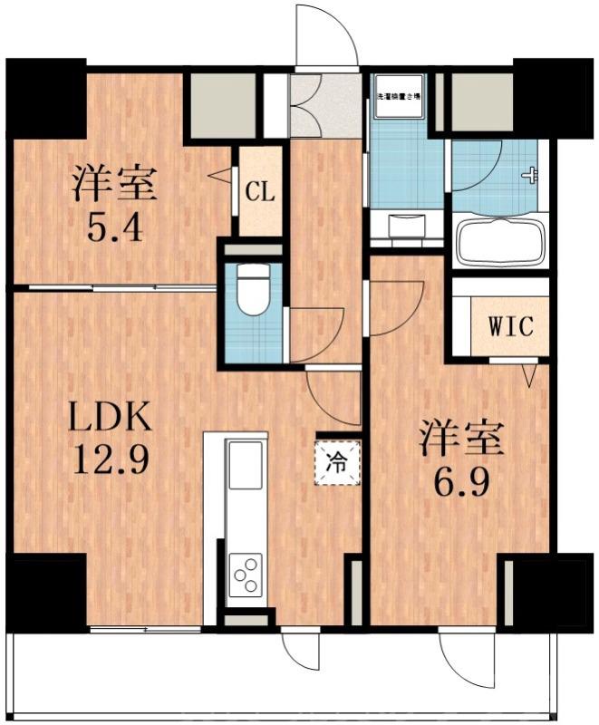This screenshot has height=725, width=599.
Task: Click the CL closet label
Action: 259,192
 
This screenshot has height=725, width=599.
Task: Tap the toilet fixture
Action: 253,291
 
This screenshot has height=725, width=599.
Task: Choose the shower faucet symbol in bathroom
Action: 530,176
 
